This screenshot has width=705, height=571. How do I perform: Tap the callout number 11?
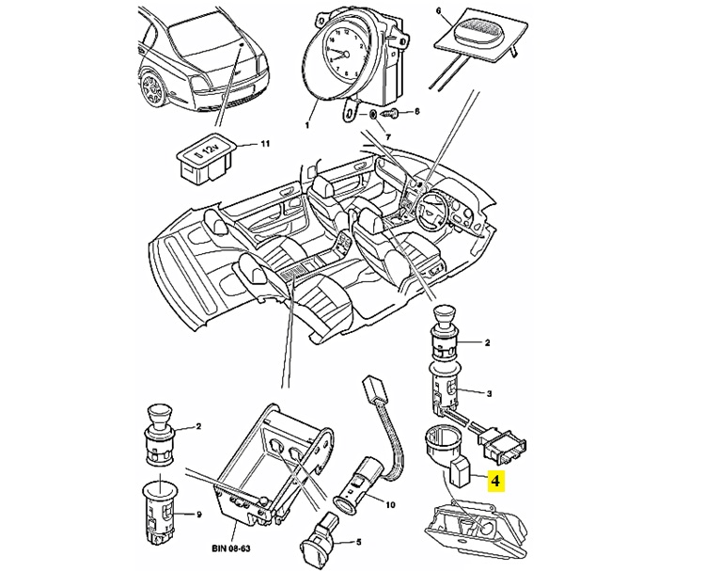265,145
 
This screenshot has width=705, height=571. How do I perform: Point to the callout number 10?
390,504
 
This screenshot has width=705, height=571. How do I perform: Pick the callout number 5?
357,543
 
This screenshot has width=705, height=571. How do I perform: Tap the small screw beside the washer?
394,114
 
